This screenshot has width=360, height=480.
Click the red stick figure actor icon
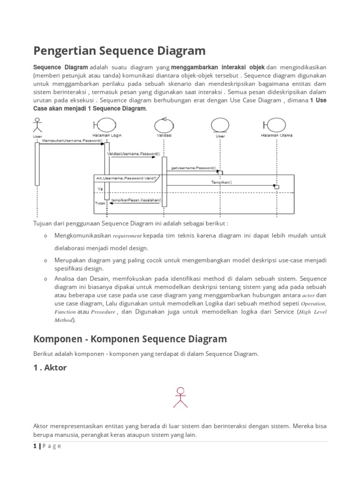pos(180,397)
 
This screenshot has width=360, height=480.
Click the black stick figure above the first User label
pos(37,126)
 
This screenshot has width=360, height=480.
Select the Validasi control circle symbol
pos(163,125)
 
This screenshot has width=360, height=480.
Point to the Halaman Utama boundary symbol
pos(275,125)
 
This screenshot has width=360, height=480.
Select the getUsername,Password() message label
pos(193,167)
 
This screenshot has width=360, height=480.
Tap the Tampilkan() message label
pos(222,182)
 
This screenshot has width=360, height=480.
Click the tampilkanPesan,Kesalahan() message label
pos(136,200)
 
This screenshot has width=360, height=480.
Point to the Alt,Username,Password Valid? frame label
pos(125,178)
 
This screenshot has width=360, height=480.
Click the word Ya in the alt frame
pos(100,189)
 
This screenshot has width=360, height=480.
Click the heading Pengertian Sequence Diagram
pos(120,50)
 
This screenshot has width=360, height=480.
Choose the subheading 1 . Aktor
pos(50,368)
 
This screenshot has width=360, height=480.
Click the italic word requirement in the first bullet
pos(127,235)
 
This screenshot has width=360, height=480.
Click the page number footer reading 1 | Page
pos(47,446)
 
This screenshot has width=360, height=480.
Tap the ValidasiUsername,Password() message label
pos(134,153)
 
